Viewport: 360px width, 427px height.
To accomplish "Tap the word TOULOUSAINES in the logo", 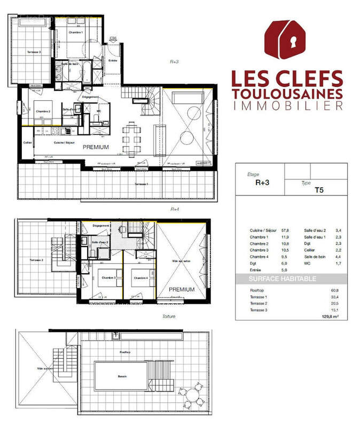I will [287, 93].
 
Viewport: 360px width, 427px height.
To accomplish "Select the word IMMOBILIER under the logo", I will [287, 107].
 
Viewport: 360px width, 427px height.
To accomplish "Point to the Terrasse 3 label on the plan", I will [36, 52].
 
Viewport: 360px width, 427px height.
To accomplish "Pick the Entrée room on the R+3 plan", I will [113, 61].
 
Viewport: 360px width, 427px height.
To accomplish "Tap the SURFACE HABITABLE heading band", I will [291, 279].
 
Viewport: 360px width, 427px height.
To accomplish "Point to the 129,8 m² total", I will [331, 315].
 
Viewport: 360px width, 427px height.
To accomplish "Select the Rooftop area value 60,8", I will [335, 291].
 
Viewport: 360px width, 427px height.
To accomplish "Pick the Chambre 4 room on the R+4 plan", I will [140, 278].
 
